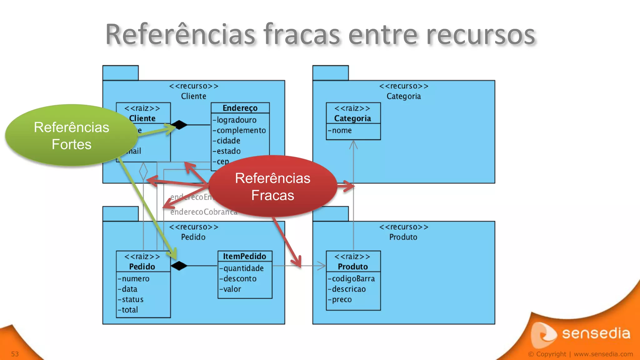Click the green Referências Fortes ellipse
tap(71, 136)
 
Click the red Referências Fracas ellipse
tap(272, 187)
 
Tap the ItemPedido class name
tap(245, 257)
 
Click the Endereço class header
tap(240, 108)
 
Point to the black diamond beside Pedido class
tap(179, 266)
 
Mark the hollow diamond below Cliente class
tap(143, 171)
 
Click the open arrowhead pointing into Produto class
tap(322, 266)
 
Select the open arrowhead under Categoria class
tap(353, 144)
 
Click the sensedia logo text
tap(596, 334)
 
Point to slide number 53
tap(15, 354)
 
